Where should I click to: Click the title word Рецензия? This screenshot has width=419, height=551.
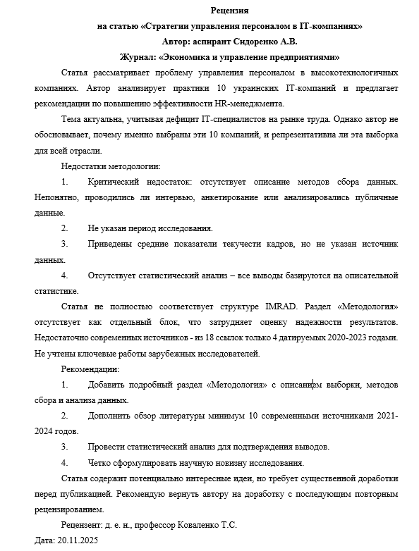(229, 11)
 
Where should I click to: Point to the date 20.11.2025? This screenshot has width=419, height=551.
(82, 540)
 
